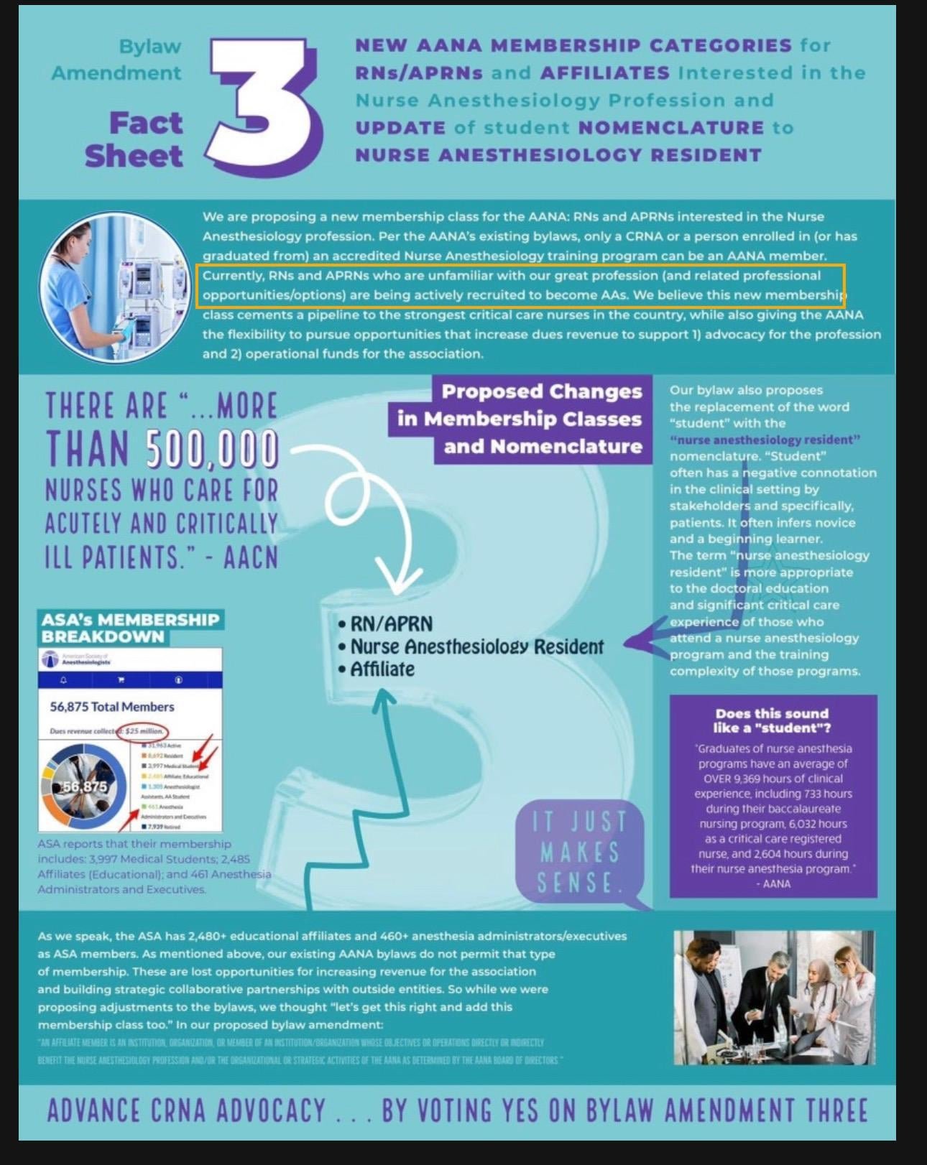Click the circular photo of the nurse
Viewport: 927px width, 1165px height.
click(114, 286)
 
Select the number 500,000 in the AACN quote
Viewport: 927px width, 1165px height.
click(213, 450)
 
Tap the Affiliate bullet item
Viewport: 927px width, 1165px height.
click(382, 669)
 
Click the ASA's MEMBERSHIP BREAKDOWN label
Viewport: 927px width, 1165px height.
click(130, 628)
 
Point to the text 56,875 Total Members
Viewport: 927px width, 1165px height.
click(112, 707)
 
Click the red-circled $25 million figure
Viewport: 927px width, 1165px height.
click(144, 731)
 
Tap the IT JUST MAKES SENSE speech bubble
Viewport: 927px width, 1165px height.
click(579, 853)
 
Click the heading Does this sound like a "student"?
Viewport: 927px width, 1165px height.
click(772, 720)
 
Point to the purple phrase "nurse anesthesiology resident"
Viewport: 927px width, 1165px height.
click(765, 440)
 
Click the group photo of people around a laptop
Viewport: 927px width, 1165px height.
click(774, 997)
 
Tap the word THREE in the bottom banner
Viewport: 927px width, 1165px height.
click(836, 1110)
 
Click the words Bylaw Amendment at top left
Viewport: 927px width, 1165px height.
click(117, 60)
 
